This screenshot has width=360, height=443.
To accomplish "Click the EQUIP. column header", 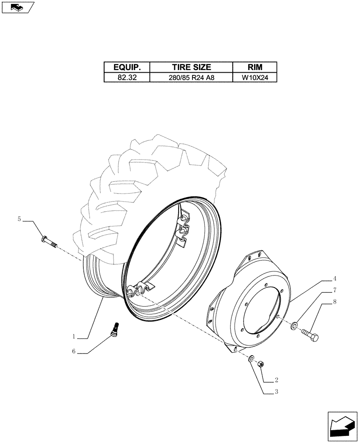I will (x=127, y=67).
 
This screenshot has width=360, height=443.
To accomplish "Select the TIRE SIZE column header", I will (x=191, y=67).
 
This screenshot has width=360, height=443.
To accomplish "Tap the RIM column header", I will (x=255, y=67).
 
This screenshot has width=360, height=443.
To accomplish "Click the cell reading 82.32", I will (x=127, y=78).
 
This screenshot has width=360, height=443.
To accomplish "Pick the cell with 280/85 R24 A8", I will (x=191, y=78).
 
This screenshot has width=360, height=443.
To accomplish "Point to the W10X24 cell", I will (x=255, y=78).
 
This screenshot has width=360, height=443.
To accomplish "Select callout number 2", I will (x=277, y=380).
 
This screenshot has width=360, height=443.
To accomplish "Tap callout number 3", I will (x=277, y=392).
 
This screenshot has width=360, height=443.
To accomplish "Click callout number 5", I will (x=19, y=219).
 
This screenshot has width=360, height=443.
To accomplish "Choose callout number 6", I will (x=75, y=352).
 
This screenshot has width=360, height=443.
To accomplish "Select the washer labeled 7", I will (x=294, y=326).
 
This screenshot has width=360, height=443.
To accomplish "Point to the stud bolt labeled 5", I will (x=49, y=242).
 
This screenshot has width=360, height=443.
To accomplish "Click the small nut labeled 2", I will (x=261, y=364).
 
